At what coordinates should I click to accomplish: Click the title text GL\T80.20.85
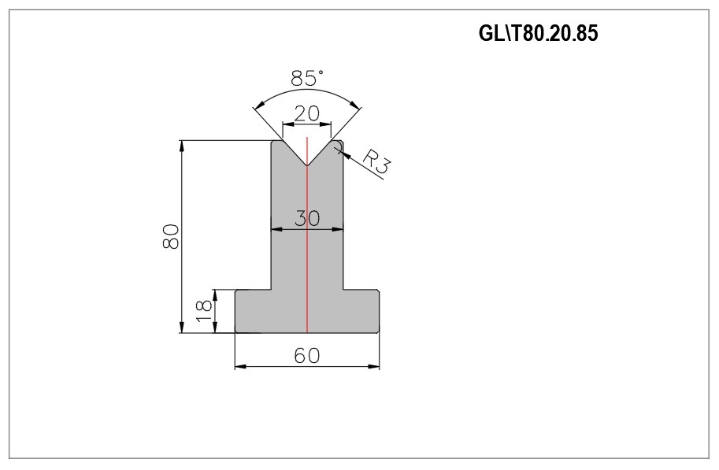click(539, 33)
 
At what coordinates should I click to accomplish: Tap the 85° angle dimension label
click(307, 78)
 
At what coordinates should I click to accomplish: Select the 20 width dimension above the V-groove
click(307, 113)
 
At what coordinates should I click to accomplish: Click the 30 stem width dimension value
click(307, 218)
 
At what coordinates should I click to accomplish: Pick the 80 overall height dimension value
click(171, 236)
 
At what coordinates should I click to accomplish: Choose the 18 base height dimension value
click(204, 310)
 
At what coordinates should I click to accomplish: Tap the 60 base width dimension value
click(307, 355)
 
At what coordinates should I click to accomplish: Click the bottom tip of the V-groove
click(307, 165)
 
